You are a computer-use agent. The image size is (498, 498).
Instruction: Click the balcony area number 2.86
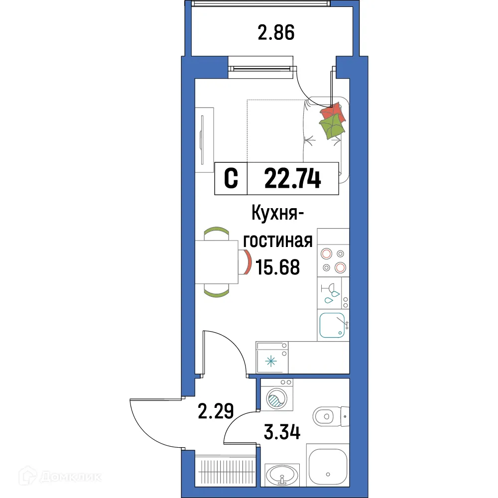(x=276, y=33)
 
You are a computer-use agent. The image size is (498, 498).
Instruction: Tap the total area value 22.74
(x=292, y=178)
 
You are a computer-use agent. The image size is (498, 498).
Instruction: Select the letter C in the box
(x=231, y=178)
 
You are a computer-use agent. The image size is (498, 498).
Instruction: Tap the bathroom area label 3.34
(x=281, y=431)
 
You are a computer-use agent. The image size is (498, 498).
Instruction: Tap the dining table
(x=217, y=262)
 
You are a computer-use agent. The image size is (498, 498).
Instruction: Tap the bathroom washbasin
(x=282, y=473)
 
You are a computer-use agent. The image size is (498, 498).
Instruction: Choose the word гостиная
(x=278, y=242)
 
